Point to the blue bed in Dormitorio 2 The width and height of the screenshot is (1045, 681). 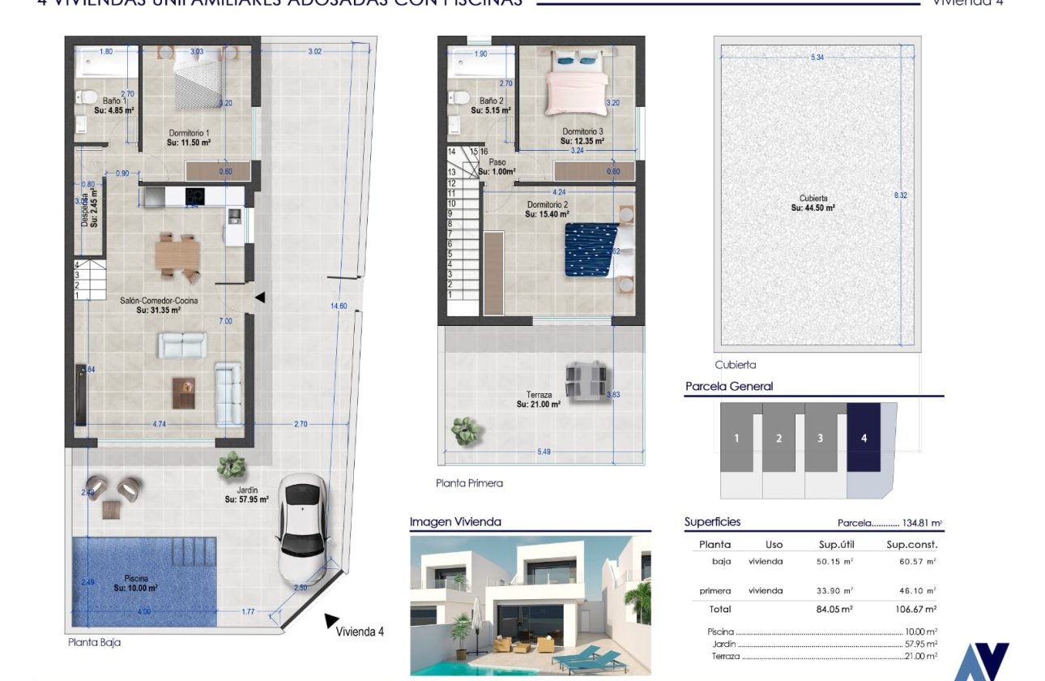(590, 250)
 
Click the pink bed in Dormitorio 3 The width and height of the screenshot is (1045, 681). (575, 92)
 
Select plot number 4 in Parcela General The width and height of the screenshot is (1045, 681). (864, 438)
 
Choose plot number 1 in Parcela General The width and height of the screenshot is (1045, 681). (736, 438)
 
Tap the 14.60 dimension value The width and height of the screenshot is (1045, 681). (338, 306)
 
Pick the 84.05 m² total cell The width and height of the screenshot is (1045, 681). (837, 609)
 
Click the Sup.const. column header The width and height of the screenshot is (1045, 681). (911, 545)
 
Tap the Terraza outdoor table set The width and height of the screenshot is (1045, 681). (586, 381)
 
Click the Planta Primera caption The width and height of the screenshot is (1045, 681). (469, 483)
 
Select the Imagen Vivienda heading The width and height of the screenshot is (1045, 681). (455, 522)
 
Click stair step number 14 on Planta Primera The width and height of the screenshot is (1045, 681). (451, 152)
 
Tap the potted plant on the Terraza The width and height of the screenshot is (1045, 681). (465, 431)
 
